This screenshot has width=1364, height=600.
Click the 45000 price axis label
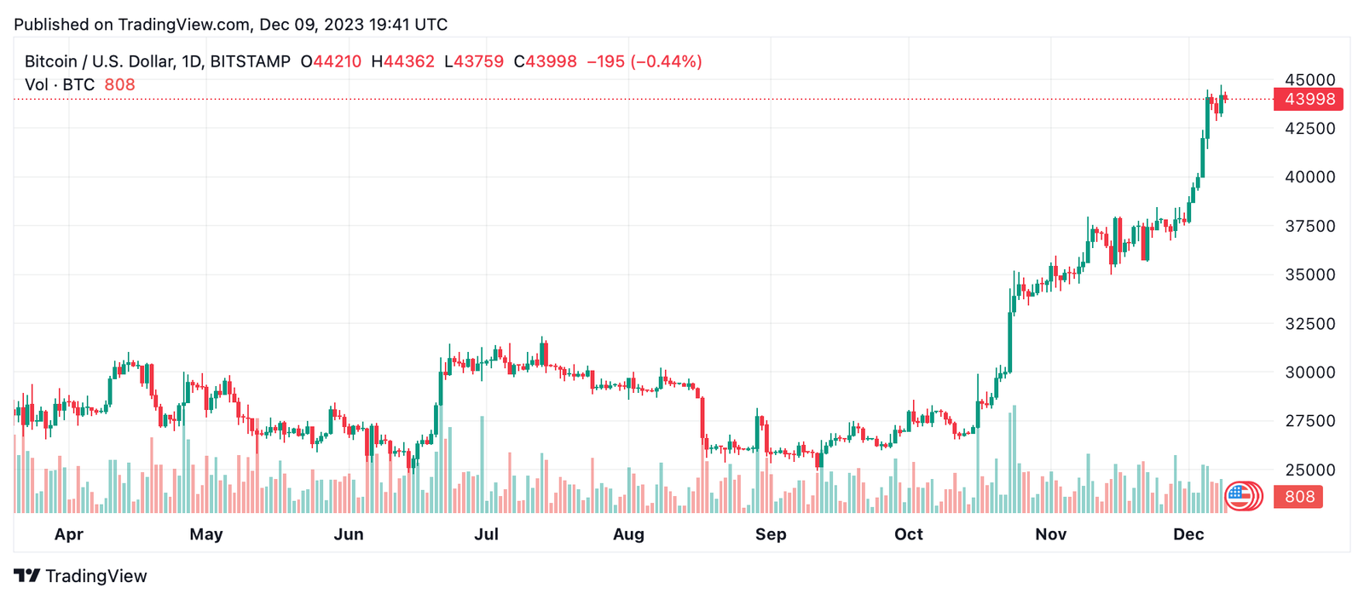[1309, 80]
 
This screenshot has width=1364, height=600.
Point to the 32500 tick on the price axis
[1309, 323]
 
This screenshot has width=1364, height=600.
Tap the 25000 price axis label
[1309, 470]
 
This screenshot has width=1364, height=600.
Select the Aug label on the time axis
[628, 534]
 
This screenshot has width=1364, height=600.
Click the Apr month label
[69, 534]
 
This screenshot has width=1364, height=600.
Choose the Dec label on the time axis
[1188, 534]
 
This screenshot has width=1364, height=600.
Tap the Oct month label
[909, 534]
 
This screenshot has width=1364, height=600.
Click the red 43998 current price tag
[1308, 99]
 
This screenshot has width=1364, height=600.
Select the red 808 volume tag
[1298, 497]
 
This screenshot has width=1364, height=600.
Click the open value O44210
[331, 61]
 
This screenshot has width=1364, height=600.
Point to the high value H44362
[403, 61]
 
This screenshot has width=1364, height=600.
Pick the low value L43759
[474, 61]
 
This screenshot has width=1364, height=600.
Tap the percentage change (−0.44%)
[666, 61]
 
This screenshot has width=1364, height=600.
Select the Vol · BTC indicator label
[60, 84]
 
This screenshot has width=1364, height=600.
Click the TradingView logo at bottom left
[80, 575]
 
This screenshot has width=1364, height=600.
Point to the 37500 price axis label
[1309, 226]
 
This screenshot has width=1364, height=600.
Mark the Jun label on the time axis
[349, 534]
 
